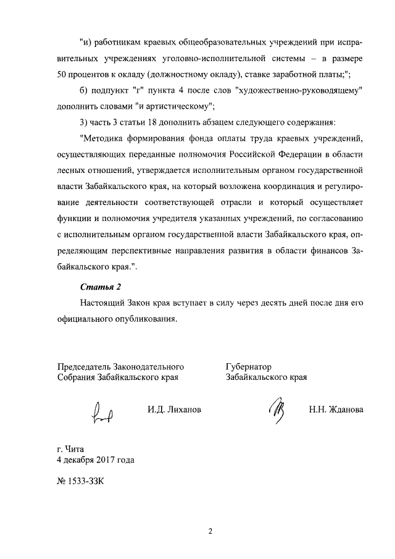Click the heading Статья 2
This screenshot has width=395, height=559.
pyautogui.click(x=102, y=287)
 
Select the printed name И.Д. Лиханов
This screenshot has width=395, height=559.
pyautogui.click(x=175, y=410)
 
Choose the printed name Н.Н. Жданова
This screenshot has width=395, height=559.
pyautogui.click(x=336, y=410)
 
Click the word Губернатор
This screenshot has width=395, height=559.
pyautogui.click(x=249, y=366)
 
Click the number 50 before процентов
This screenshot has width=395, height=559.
pyautogui.click(x=62, y=75)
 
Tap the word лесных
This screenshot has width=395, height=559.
pyautogui.click(x=69, y=168)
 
